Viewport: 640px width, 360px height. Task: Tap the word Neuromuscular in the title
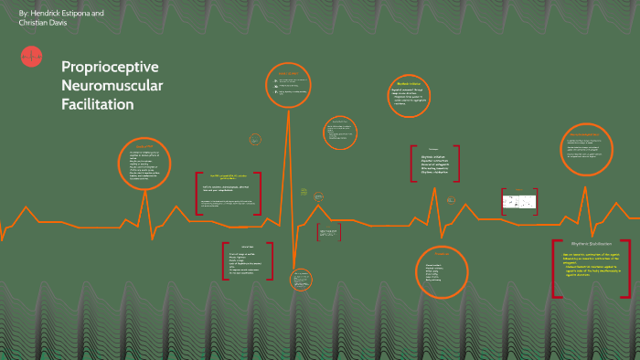tap(112, 86)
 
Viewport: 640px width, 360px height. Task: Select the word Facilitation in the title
tap(98, 104)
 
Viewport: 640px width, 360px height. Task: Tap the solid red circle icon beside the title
tap(30, 58)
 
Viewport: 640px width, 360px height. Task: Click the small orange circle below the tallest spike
tap(300, 279)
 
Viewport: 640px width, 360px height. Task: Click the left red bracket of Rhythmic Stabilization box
tap(555, 269)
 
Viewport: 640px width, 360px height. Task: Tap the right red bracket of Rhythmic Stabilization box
tap(629, 269)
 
